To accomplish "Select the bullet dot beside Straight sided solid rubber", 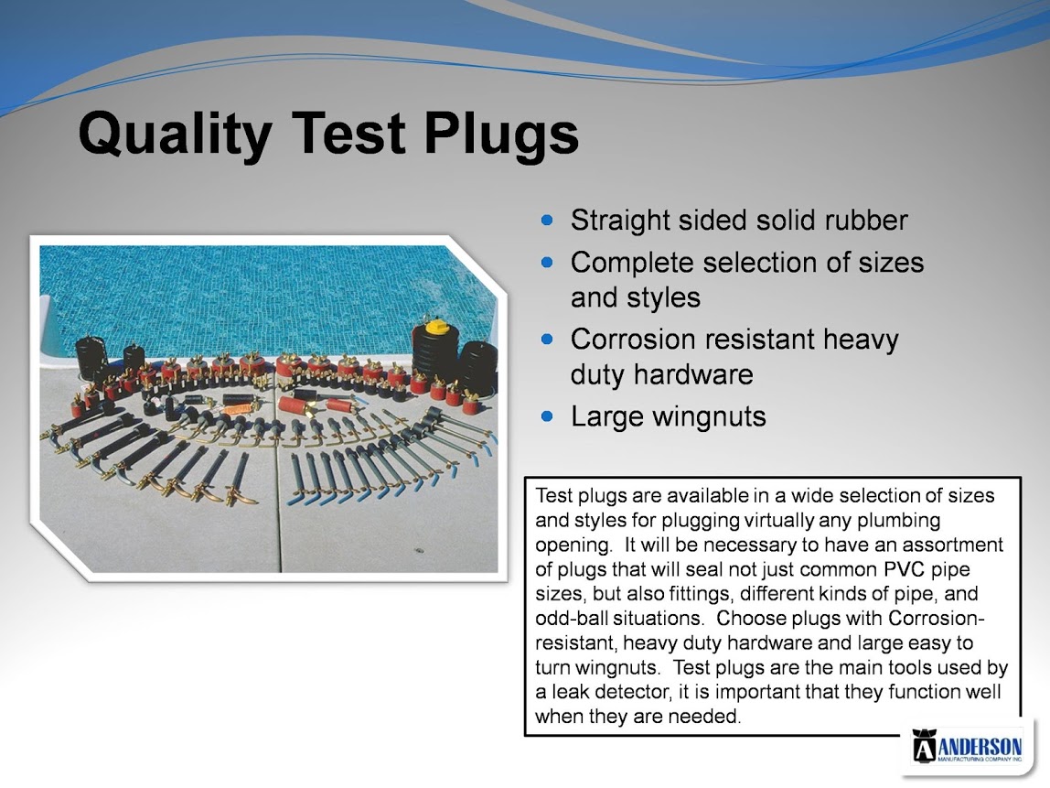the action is point(548,220).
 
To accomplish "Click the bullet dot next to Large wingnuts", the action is point(548,416).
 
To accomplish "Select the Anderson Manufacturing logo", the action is point(968,747).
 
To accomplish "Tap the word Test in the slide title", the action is point(349,134).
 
